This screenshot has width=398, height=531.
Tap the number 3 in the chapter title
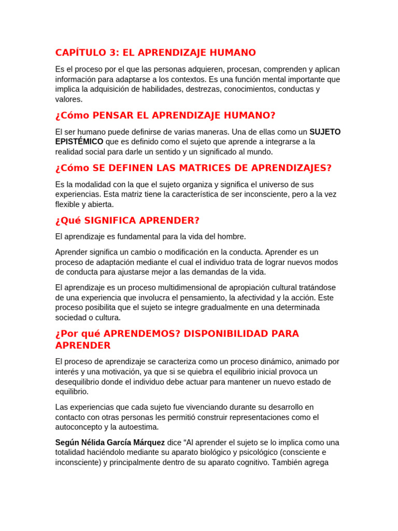click(x=113, y=53)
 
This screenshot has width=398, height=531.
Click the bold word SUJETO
click(x=325, y=132)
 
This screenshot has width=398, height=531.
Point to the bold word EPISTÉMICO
click(x=79, y=142)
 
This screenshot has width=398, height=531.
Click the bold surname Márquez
click(x=148, y=442)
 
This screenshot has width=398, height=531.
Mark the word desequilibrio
click(x=80, y=382)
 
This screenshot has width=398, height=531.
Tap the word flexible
click(x=68, y=204)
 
